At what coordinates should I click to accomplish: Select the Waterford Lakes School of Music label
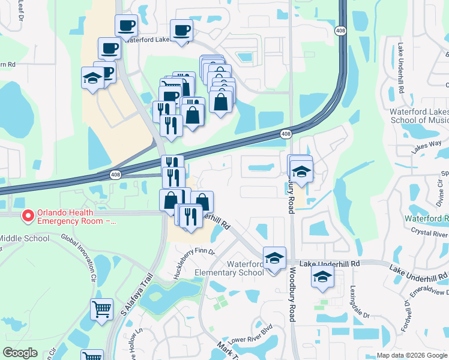click(x=418, y=116)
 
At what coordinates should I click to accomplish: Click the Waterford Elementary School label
click(x=229, y=268)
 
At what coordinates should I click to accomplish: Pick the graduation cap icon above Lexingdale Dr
click(x=322, y=277)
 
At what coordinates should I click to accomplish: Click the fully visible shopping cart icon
click(x=101, y=310)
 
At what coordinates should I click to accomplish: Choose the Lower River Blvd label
click(x=251, y=331)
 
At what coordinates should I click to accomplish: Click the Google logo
click(x=20, y=352)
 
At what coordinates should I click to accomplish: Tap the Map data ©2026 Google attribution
click(x=412, y=355)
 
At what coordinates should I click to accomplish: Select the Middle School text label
click(x=24, y=238)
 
